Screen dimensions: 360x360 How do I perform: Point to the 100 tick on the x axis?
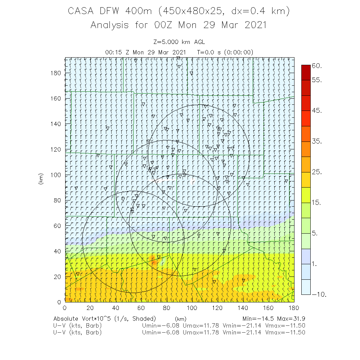[x=192, y=308]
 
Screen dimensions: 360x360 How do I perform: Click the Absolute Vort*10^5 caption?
[x=104, y=319]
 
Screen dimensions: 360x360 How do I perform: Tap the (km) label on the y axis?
[x=41, y=179]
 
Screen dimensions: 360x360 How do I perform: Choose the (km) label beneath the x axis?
[x=180, y=319]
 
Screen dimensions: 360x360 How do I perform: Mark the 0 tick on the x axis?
[x=64, y=308]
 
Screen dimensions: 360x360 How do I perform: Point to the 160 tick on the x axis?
[x=268, y=308]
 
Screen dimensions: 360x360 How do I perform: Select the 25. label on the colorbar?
[x=317, y=172]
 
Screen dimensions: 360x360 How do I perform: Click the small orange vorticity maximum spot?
[x=154, y=260]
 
